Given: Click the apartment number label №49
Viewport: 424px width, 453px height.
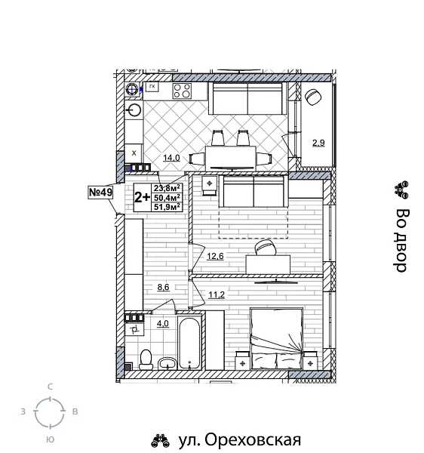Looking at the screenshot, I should coord(100,193).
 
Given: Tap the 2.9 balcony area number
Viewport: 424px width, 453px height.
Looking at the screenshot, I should coord(318,141).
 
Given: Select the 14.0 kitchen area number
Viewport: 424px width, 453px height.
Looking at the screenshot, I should coord(171,158).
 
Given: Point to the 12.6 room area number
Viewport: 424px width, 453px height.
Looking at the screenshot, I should coord(215,257).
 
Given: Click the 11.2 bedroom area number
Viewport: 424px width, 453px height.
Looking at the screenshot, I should coord(217,294).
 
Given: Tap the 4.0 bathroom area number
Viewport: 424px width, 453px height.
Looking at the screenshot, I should coord(162,325).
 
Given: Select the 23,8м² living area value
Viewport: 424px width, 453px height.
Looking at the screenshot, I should coord(166,189).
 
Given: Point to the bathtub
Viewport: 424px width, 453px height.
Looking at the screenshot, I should coord(189,344).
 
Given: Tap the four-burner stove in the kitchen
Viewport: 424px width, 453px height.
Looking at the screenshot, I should coord(182,91).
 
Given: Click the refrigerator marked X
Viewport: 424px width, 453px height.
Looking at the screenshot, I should coord(134,152).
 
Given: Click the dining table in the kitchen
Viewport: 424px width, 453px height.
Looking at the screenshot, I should coord(230,158).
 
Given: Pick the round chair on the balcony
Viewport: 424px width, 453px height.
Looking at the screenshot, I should coord(314,96).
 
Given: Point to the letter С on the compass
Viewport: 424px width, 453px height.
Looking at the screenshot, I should coord(50,387).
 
